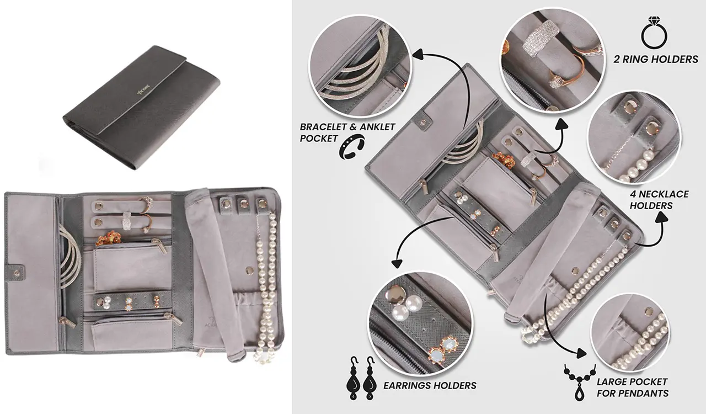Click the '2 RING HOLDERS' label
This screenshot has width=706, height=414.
(656, 59)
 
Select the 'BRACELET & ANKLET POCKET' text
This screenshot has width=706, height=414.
(347, 132)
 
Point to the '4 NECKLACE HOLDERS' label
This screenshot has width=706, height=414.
(659, 200)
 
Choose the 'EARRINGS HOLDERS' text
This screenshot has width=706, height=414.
(430, 385)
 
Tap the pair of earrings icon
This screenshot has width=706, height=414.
(361, 379)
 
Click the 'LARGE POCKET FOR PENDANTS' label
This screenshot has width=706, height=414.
(632, 388)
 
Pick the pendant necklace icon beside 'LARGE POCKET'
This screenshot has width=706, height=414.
(579, 383)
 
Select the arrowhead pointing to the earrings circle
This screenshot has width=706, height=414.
(397, 263)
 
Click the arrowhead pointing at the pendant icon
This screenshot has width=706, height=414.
(581, 353)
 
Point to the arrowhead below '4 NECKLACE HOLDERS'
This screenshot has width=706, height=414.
(661, 217)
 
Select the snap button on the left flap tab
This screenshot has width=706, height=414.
(17, 272)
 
